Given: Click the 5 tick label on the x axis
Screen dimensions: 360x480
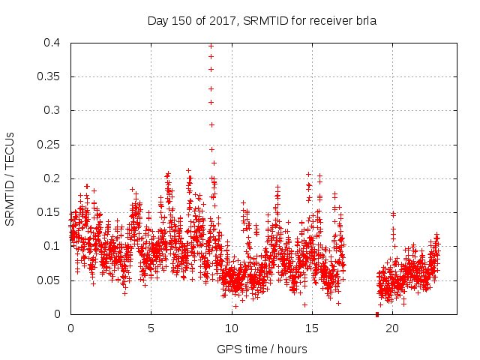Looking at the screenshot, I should coord(151,328).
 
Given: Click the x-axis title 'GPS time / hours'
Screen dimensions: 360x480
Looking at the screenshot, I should coord(263,349).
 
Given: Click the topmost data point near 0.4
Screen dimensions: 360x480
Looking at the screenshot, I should coord(211,46).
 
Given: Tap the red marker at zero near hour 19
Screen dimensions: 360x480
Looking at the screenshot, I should coord(376,314).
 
